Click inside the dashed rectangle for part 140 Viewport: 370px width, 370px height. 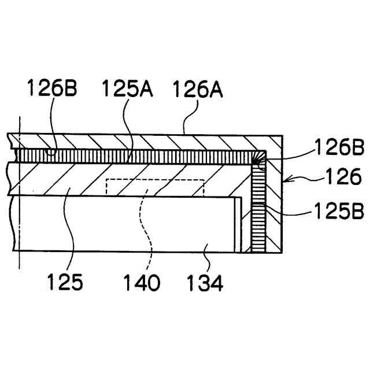coord(155,186)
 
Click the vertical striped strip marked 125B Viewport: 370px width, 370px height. coord(257,208)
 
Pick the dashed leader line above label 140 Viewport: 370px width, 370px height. coord(150,231)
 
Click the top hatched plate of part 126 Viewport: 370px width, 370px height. coord(145,140)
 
